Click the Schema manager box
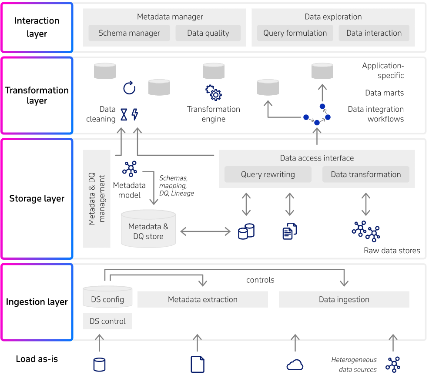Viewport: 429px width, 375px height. tap(129, 33)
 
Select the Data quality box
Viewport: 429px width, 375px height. tap(208, 33)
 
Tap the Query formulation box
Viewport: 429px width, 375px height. tap(295, 33)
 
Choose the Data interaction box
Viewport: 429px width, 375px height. tap(374, 33)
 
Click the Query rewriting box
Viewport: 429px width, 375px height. tap(268, 174)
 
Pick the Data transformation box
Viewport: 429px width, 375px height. tap(366, 174)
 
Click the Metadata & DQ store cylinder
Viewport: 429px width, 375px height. tap(148, 229)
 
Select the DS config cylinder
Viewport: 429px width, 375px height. tap(107, 297)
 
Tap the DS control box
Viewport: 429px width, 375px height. tap(107, 321)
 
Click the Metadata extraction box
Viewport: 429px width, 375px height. tap(203, 299)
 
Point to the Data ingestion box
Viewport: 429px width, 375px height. tap(344, 299)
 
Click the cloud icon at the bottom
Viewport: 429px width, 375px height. tap(295, 365)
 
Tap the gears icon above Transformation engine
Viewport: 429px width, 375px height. tap(214, 93)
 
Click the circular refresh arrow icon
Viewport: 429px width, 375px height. tap(129, 88)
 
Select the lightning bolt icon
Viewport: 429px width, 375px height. tap(134, 114)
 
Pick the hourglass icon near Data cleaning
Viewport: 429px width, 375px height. tap(124, 114)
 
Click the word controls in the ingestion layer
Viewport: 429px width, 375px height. tap(260, 280)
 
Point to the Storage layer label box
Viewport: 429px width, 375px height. tap(37, 199)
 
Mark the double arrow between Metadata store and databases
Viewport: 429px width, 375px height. tap(205, 232)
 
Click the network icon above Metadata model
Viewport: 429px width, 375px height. tap(130, 169)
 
